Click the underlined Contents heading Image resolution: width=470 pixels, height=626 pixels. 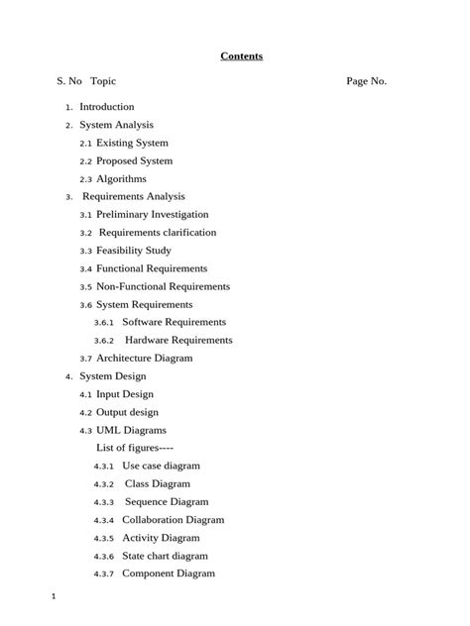click(241, 56)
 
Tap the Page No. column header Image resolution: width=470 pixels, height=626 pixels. click(366, 81)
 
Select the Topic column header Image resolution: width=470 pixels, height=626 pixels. click(103, 81)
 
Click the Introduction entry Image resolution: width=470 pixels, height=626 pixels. click(106, 107)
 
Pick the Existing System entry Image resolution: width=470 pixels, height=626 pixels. click(132, 143)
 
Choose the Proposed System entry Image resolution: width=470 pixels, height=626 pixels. click(134, 160)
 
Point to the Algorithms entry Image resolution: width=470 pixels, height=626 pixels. click(121, 179)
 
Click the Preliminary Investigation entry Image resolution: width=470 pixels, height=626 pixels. click(152, 215)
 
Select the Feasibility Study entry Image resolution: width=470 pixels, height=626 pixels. click(133, 251)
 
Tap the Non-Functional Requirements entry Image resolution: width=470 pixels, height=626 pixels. click(163, 286)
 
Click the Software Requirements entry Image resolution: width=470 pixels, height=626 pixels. click(174, 322)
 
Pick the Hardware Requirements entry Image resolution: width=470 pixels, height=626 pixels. click(178, 340)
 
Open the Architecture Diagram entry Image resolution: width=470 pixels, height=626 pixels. click(144, 359)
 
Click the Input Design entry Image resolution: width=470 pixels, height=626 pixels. click(124, 394)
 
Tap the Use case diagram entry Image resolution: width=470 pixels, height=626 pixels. click(161, 466)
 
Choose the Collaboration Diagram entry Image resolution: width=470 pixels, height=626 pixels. click(173, 520)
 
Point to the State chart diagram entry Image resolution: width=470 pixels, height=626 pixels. click(165, 556)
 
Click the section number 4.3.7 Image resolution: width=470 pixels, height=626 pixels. click(104, 574)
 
